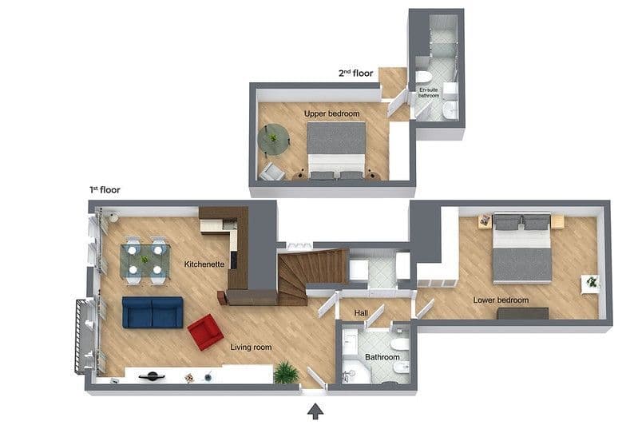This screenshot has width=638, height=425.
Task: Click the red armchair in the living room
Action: tap(205, 331)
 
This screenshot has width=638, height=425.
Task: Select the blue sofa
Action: tap(152, 312)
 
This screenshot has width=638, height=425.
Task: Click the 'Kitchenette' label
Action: tap(204, 264)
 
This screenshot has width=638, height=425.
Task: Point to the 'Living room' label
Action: tap(251, 347)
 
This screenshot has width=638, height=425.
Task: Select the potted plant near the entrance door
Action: tap(285, 372)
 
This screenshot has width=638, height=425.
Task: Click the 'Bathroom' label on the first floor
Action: tap(382, 357)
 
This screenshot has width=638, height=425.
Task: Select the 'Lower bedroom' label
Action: tap(501, 300)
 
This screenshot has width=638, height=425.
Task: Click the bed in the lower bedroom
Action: tap(521, 248)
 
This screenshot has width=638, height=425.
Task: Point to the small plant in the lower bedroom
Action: tap(591, 282)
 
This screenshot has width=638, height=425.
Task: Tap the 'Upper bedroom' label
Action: tap(331, 114)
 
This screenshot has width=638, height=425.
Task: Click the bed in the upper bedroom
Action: tap(336, 149)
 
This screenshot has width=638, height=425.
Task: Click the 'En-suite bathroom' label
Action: tap(430, 93)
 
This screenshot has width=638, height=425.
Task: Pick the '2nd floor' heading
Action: tap(355, 73)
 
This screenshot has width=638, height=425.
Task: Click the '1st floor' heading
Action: tap(105, 190)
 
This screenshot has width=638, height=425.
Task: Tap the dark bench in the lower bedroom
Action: tap(522, 313)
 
